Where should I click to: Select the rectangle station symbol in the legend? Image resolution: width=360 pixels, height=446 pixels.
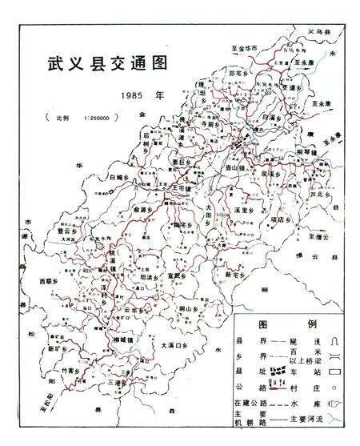pyautogui.click(x=342, y=371)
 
